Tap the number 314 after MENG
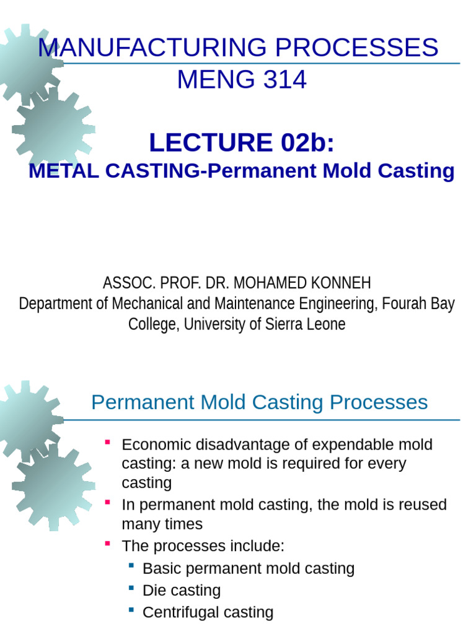pyautogui.click(x=284, y=80)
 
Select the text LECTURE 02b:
pyautogui.click(x=242, y=142)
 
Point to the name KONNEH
pyautogui.click(x=342, y=284)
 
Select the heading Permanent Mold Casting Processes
pyautogui.click(x=259, y=402)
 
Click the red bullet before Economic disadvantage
pyautogui.click(x=108, y=442)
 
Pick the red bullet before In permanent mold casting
pyautogui.click(x=108, y=502)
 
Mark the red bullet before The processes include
pyautogui.click(x=108, y=544)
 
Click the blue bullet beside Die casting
pyautogui.click(x=131, y=588)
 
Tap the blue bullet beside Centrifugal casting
pyautogui.click(x=131, y=610)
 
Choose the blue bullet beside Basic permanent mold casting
pyautogui.click(x=131, y=565)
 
